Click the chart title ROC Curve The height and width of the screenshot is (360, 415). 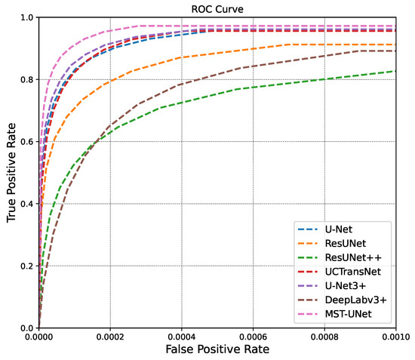point(217,9)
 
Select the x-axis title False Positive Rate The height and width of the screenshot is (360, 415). point(217,349)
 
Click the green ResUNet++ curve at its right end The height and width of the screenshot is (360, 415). point(395,71)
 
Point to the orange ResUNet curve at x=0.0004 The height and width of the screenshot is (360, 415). point(182,57)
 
